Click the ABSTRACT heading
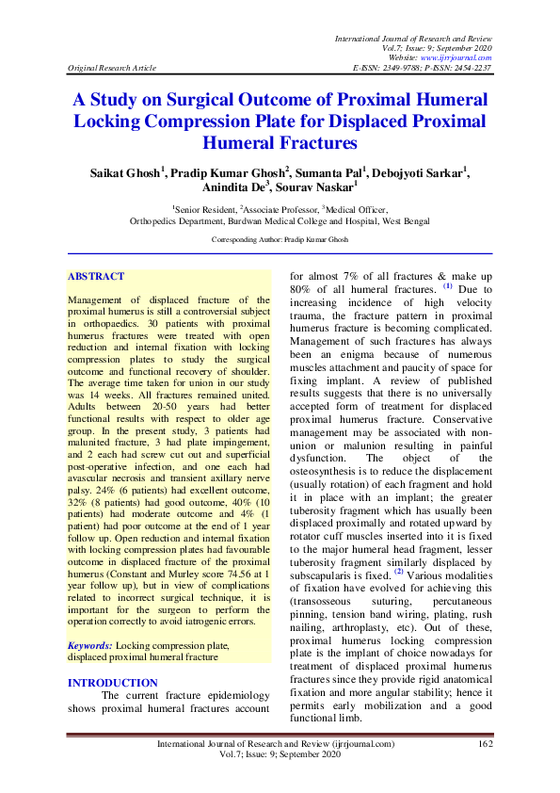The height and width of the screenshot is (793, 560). [x=96, y=277]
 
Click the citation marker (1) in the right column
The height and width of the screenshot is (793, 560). [x=448, y=287]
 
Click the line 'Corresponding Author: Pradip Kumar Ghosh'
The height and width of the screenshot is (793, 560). [x=280, y=240]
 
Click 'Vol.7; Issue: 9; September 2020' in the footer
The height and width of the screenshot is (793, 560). [x=279, y=755]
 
